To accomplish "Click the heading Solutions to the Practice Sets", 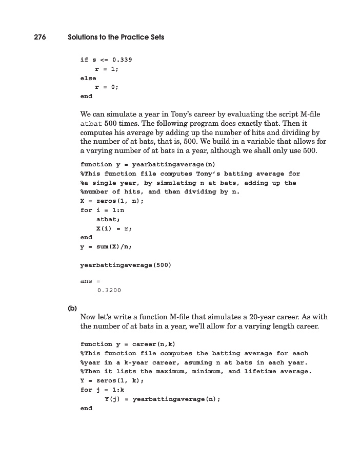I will coord(116,37).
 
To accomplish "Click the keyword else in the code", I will coord(88,78).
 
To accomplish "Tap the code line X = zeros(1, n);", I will coord(112,201).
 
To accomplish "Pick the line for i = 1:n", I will coord(99,210).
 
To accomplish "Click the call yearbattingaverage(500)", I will coord(126,265).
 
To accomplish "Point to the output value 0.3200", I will coord(109,291).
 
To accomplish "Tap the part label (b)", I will coord(72,309).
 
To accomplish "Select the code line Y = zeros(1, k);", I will coord(112,380).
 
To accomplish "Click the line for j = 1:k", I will coord(99,390).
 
